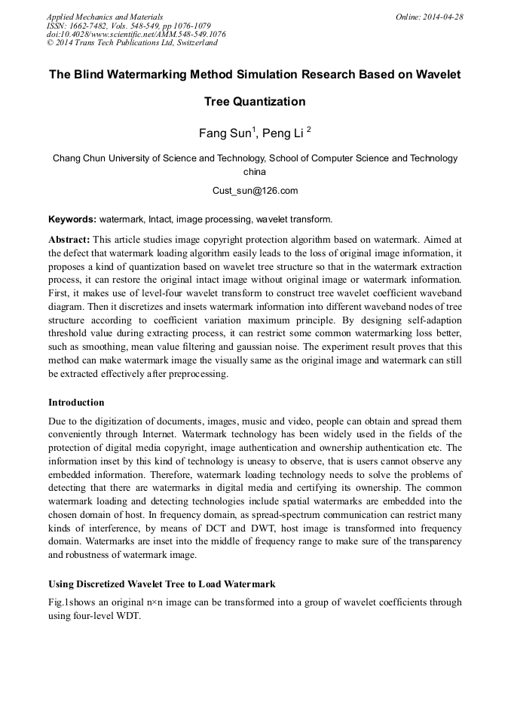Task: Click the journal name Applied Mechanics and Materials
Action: coord(105,17)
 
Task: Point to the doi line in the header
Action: coord(136,34)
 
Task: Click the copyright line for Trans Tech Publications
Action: coord(132,43)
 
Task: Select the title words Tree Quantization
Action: coord(255,102)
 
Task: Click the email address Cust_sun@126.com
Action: coord(255,191)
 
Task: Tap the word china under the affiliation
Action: coord(255,172)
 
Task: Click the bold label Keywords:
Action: coord(72,220)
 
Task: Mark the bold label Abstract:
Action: coord(69,237)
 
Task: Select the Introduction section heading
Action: coord(76,403)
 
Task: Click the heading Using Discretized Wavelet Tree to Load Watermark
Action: coord(161,584)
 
